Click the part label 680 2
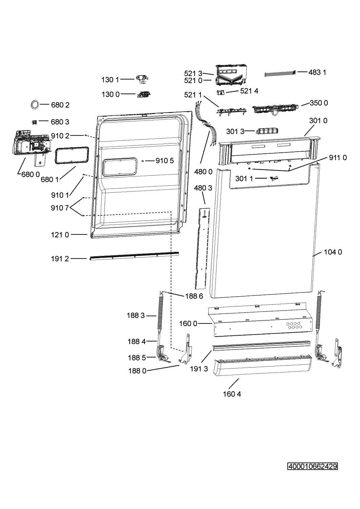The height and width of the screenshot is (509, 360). pyautogui.click(x=60, y=105)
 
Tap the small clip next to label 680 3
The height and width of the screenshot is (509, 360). pyautogui.click(x=34, y=122)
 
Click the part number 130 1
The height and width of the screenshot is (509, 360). pyautogui.click(x=110, y=80)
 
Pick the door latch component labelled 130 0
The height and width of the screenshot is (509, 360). pyautogui.click(x=144, y=94)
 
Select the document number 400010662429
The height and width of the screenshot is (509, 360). pyautogui.click(x=312, y=467)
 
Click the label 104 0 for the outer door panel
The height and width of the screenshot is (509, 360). pyautogui.click(x=333, y=252)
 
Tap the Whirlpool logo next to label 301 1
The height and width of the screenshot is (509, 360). pyautogui.click(x=274, y=178)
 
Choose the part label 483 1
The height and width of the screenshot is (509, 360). pyautogui.click(x=317, y=72)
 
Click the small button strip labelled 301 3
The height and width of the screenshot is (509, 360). pyautogui.click(x=267, y=131)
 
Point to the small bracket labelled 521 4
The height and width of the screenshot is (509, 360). pyautogui.click(x=220, y=92)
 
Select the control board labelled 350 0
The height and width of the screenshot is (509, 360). pyautogui.click(x=276, y=108)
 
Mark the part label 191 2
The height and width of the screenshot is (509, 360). pyautogui.click(x=60, y=259)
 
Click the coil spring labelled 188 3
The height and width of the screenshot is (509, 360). pyautogui.click(x=160, y=314)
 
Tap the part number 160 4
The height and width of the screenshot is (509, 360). pyautogui.click(x=232, y=394)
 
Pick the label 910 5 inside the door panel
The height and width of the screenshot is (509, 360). pyautogui.click(x=165, y=161)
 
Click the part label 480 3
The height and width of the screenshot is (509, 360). pyautogui.click(x=203, y=188)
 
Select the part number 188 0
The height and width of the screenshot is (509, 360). pyautogui.click(x=137, y=371)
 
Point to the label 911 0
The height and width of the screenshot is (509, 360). pyautogui.click(x=338, y=157)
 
